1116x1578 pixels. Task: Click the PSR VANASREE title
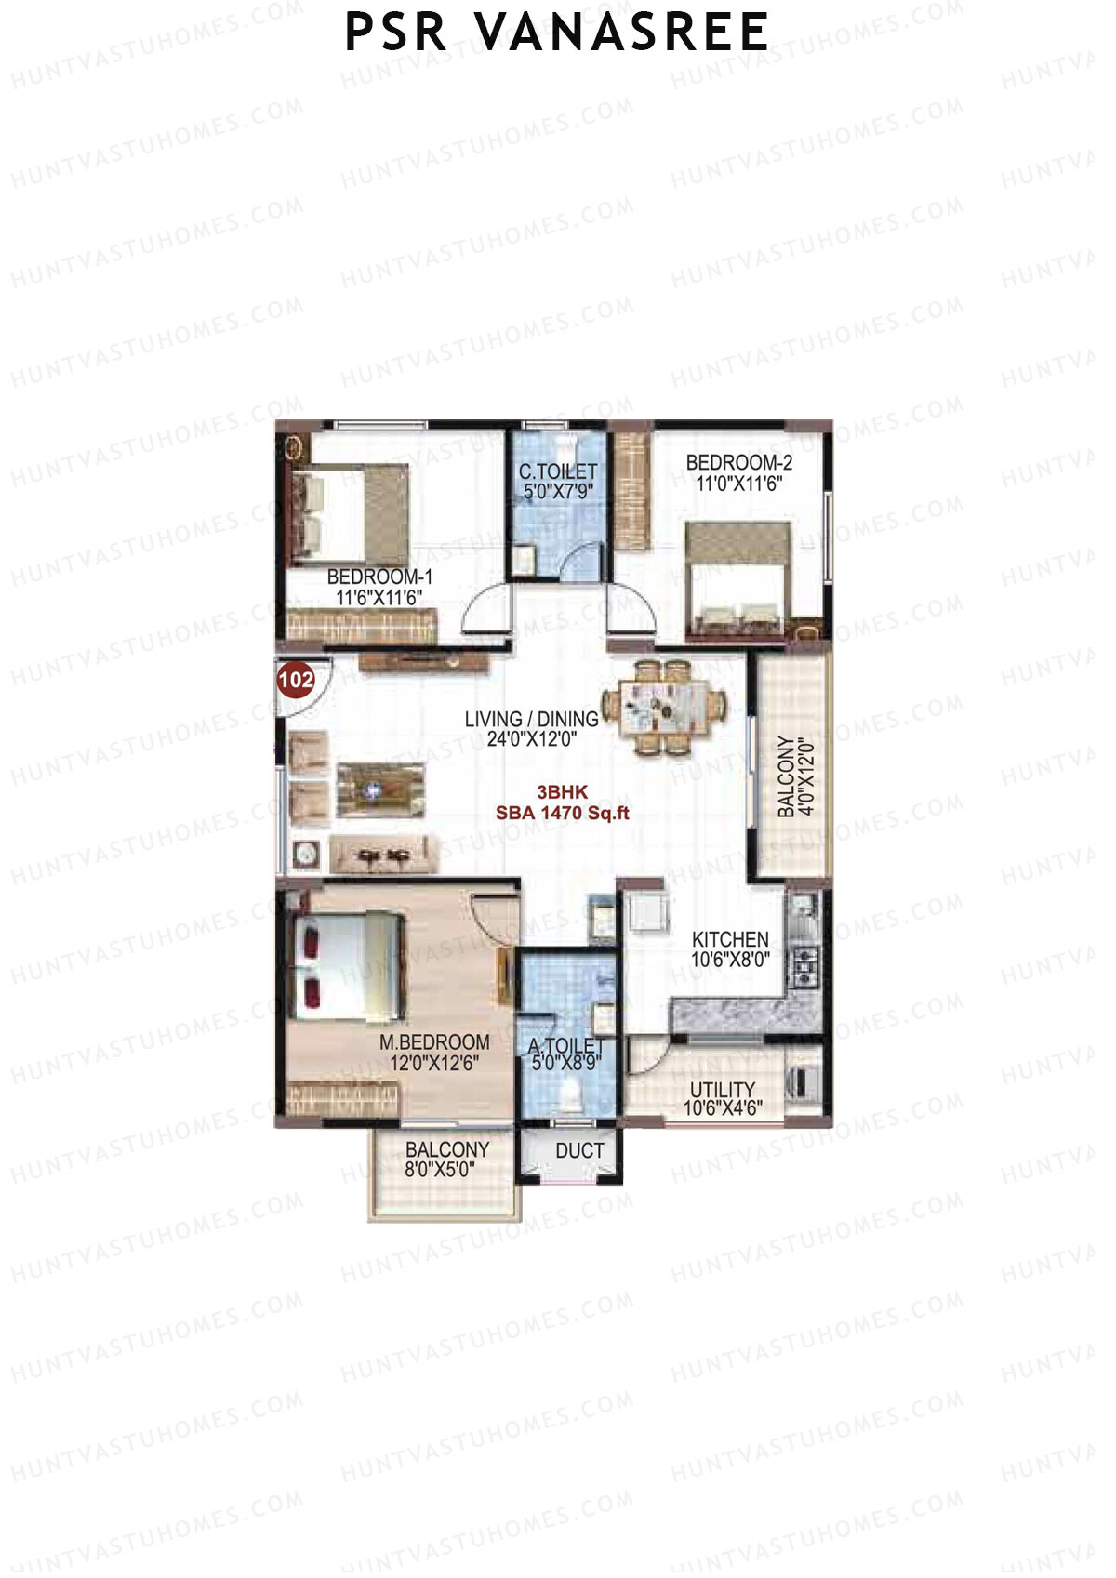coord(556,33)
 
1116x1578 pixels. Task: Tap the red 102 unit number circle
coord(296,680)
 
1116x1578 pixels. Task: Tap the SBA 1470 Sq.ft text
coord(562,813)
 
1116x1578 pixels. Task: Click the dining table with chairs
coord(661,708)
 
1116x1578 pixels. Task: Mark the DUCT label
coord(579,1151)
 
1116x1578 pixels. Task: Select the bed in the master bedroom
coord(349,967)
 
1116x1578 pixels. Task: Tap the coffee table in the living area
coord(380,790)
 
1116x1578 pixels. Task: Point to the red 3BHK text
coord(562,792)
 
